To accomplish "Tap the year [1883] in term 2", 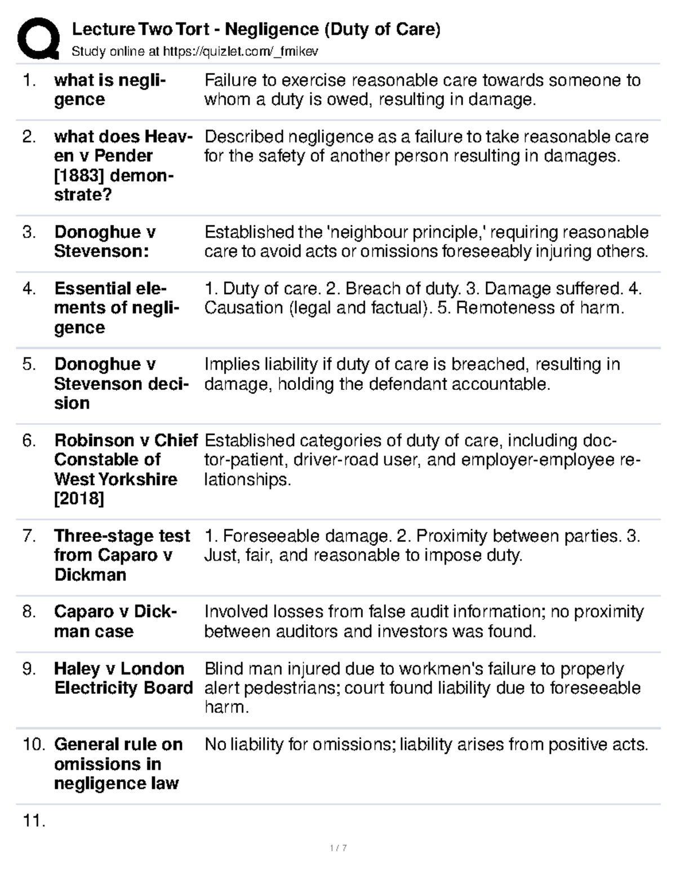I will click(x=78, y=175).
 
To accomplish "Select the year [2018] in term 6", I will click(x=79, y=499).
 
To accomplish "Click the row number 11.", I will click(x=33, y=821).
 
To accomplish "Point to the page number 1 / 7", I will click(x=338, y=848).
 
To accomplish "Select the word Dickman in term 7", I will click(x=82, y=575).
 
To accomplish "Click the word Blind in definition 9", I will click(x=224, y=669).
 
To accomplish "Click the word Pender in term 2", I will click(x=123, y=156).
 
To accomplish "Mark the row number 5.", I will click(x=29, y=365).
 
